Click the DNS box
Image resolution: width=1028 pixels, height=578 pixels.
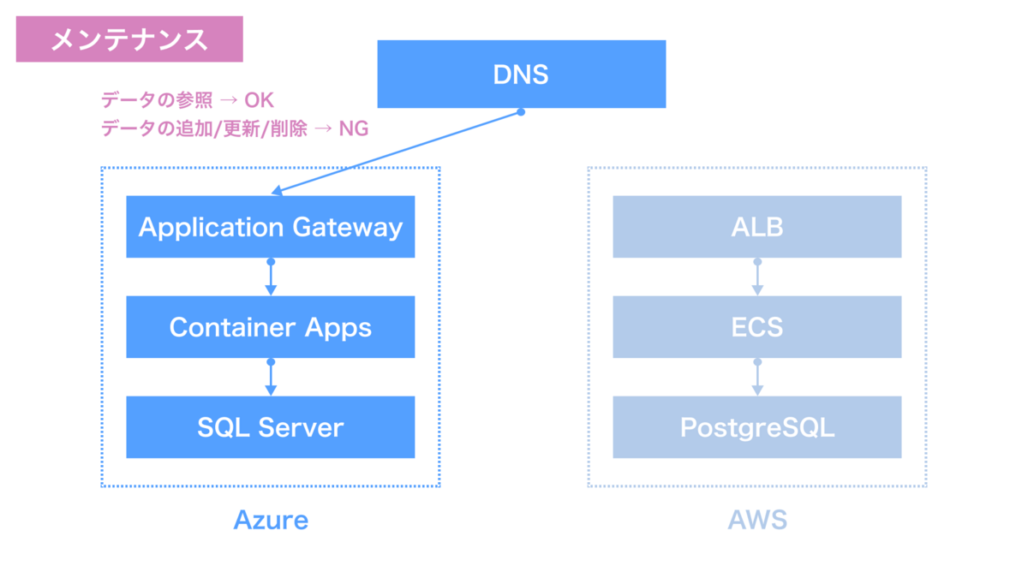[x=521, y=74]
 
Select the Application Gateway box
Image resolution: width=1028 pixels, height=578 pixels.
[x=270, y=227]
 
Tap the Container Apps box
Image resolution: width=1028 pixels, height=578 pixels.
[x=270, y=327]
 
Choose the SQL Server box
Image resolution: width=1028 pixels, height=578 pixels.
[x=270, y=427]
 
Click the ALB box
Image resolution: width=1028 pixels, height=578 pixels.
[x=756, y=227]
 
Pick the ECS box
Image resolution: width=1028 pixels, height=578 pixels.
[x=756, y=327]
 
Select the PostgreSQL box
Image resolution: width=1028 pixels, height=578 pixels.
[x=756, y=427]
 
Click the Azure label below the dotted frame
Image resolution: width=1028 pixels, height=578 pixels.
[x=271, y=520]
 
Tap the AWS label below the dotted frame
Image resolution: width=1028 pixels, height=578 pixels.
[x=757, y=520]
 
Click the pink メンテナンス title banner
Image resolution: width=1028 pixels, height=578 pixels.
[x=129, y=39]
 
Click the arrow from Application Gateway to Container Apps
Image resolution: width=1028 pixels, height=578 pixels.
[x=271, y=277]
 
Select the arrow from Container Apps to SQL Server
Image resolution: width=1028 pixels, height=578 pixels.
[x=271, y=378]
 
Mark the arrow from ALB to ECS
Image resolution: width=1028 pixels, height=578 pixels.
[x=757, y=277]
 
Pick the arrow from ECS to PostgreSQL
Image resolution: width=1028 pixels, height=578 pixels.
[x=757, y=378]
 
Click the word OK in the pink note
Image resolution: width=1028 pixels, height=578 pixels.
[x=259, y=100]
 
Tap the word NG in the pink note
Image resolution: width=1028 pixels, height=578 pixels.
[x=353, y=128]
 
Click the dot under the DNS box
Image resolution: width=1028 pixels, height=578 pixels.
[x=521, y=111]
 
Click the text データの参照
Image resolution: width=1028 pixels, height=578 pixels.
[x=157, y=100]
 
